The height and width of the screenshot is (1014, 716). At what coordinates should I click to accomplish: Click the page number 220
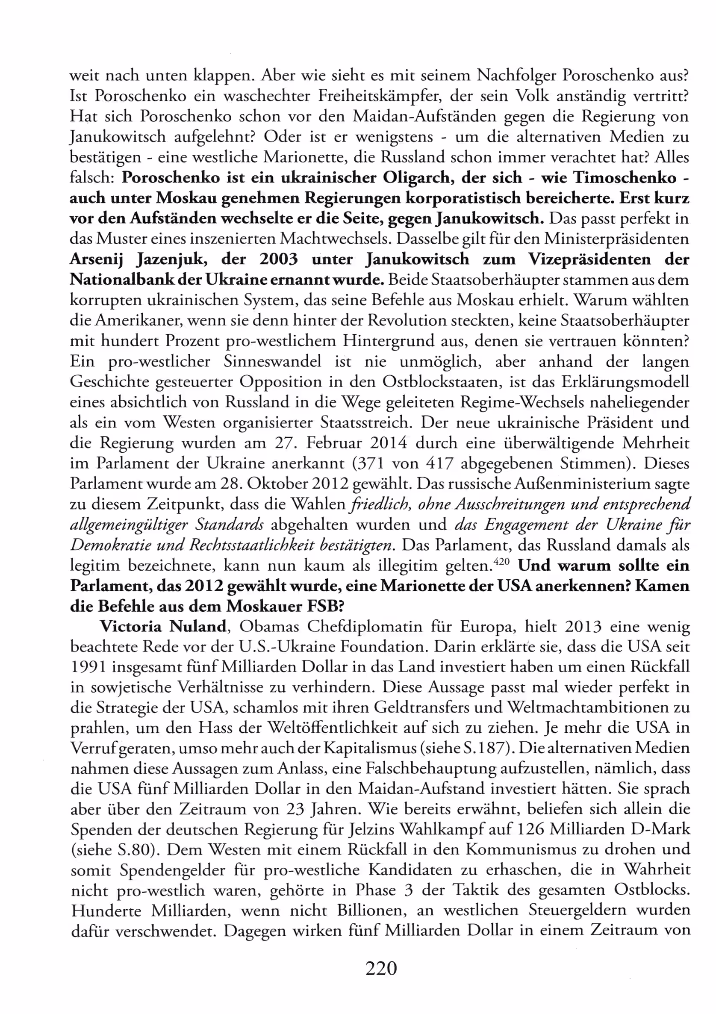381,969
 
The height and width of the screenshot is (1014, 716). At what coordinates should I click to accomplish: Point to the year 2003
278,259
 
